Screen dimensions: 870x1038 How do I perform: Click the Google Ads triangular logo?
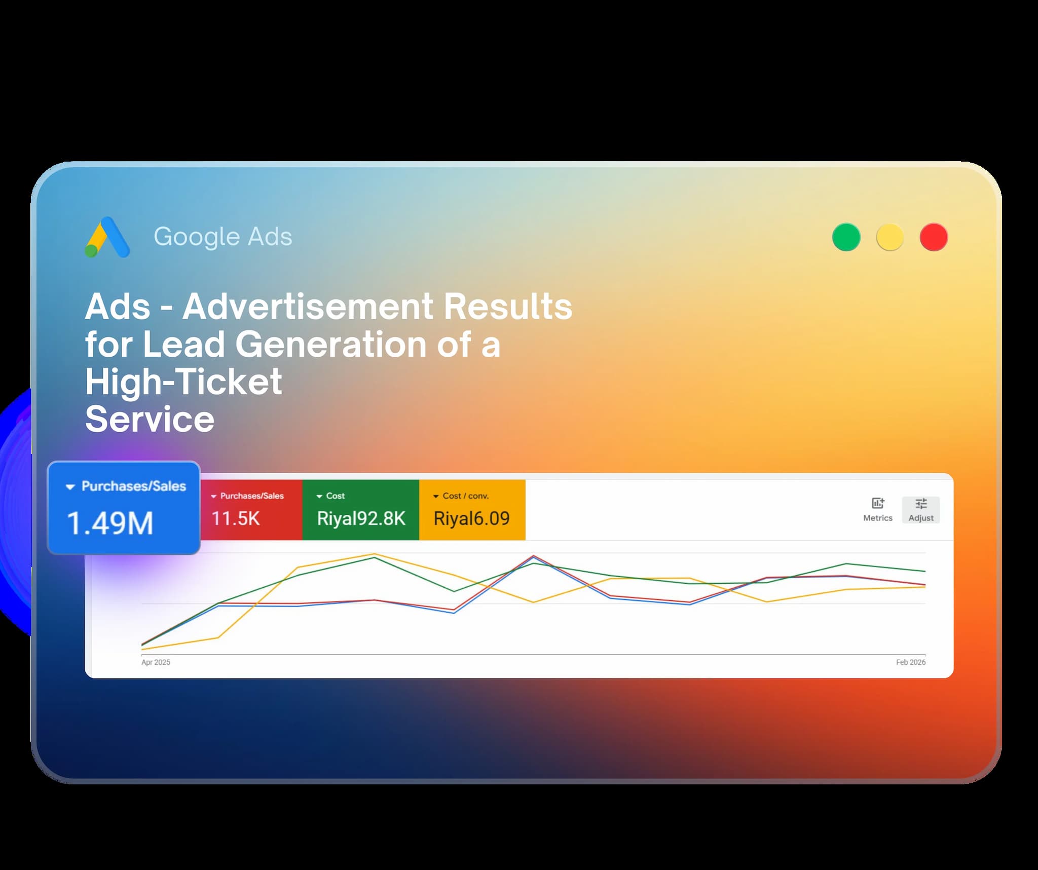[x=107, y=237]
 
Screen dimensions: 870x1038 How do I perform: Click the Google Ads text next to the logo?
[x=223, y=237]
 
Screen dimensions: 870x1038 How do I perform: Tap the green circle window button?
[x=846, y=237]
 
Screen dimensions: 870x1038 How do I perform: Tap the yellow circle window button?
[x=890, y=237]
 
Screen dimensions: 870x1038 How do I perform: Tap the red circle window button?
[x=934, y=237]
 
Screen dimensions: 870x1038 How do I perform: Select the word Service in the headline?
[x=150, y=419]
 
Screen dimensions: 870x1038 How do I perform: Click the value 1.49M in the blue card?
[x=110, y=523]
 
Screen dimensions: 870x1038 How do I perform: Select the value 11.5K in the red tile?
[x=235, y=518]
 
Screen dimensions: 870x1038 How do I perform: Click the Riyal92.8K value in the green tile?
[x=361, y=518]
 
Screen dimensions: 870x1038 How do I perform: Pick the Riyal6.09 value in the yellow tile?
[x=471, y=518]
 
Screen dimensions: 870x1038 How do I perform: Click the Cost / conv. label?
[x=465, y=496]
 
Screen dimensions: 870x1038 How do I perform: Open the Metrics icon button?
[x=877, y=509]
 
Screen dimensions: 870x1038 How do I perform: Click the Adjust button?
[x=920, y=509]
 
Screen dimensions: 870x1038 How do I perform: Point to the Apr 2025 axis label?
[x=156, y=662]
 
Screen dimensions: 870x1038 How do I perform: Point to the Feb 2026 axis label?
[x=910, y=662]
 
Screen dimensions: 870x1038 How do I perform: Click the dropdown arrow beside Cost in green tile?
[x=319, y=496]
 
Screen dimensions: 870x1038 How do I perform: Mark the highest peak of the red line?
[x=533, y=556]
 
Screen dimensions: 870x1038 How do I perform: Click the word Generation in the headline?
[x=331, y=344]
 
